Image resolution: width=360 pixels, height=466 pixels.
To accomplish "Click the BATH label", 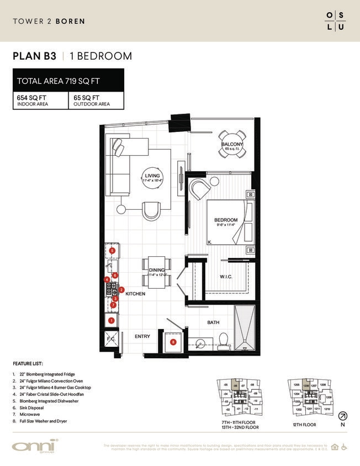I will pos(214,322).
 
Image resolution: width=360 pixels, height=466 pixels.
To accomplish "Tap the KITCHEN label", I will pos(135,294).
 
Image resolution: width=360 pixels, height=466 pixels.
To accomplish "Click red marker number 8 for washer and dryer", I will pos(173,342).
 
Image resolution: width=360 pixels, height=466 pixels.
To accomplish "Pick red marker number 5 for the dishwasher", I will pos(112,250).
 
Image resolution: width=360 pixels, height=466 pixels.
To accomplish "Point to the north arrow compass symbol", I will pos(343,416).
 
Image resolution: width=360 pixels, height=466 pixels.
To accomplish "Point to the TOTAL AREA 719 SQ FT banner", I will pos(68,81).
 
